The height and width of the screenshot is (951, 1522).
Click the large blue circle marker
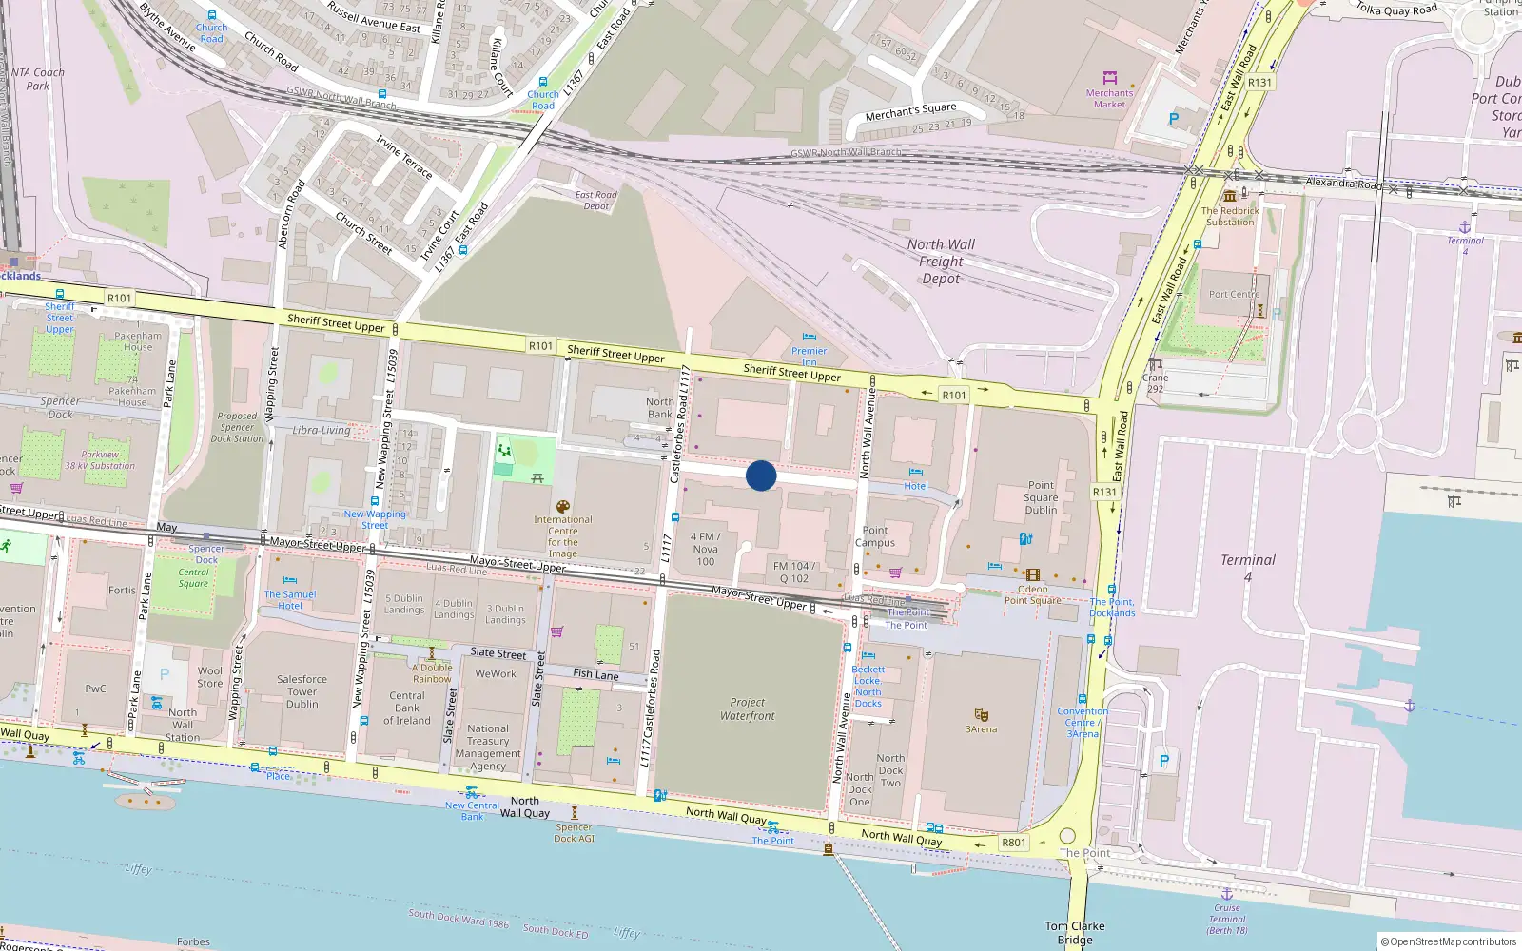coord(761,475)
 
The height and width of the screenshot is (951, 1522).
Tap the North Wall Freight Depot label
coord(941,262)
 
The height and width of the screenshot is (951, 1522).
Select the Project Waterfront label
coord(748,709)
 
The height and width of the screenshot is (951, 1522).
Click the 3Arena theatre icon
coord(982,714)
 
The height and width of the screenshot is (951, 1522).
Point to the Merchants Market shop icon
coord(1109,78)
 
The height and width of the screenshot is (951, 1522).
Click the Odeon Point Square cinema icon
coord(1032,574)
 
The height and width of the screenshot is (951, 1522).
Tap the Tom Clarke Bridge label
coord(1075,933)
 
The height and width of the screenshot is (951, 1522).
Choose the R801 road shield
coord(1014,843)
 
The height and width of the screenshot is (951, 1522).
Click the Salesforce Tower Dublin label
coord(302,691)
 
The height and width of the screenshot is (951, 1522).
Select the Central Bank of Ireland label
coord(406,708)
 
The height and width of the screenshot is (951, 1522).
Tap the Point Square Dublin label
coord(1041,497)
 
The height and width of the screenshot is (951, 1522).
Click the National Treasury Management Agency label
coord(488,747)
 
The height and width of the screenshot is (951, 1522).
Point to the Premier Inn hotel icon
coord(810,337)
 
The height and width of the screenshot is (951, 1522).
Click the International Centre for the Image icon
coord(563,507)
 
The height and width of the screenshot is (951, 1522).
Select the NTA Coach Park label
coord(38,79)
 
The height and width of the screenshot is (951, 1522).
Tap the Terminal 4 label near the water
coord(1248,568)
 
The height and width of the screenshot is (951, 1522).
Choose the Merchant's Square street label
coord(910,112)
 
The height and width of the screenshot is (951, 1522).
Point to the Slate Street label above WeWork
coord(498,653)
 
